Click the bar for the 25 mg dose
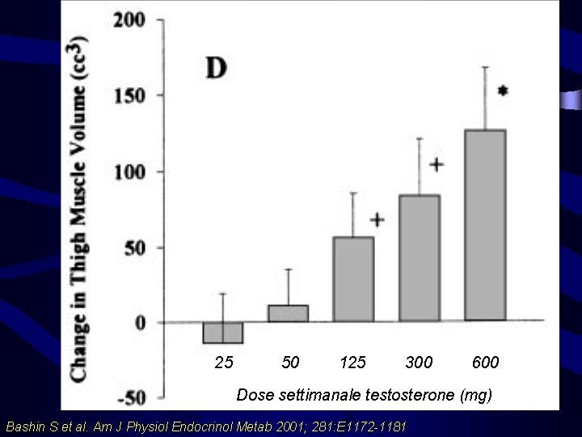(223, 333)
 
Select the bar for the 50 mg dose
(289, 314)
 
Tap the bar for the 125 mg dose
(353, 279)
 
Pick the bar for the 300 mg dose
(420, 258)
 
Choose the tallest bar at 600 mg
(485, 224)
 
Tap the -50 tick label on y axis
(129, 398)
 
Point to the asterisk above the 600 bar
(504, 92)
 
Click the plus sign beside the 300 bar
(436, 165)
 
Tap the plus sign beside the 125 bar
(377, 219)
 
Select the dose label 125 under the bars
(353, 363)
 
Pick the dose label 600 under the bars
(485, 363)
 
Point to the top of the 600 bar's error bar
(485, 67)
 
